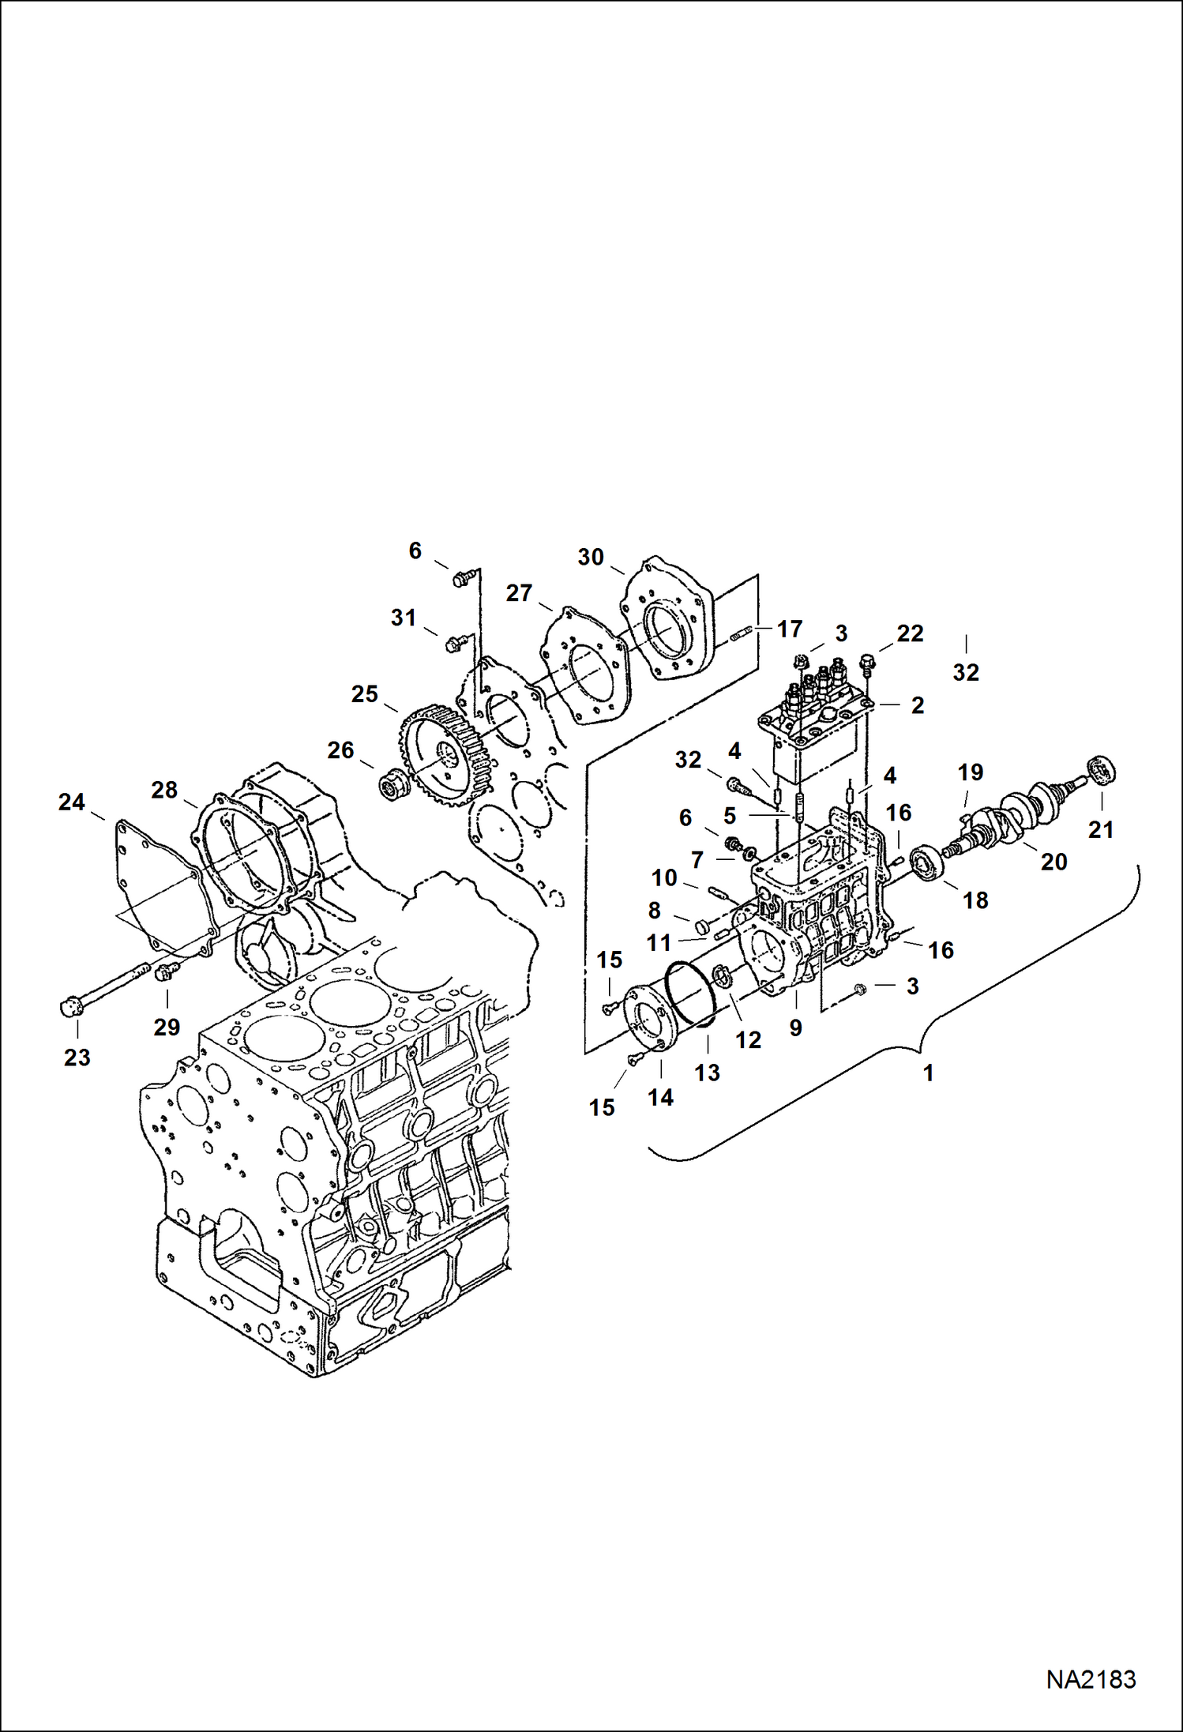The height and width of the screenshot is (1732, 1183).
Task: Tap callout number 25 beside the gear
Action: [x=364, y=694]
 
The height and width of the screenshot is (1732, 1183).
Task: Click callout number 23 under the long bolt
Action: [x=77, y=1058]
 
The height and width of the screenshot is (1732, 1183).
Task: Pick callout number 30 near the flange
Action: [x=590, y=557]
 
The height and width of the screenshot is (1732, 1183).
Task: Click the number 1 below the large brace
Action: [x=929, y=1073]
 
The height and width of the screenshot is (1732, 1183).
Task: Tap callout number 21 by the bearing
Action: [x=1101, y=829]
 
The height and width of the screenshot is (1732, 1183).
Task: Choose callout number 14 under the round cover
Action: [x=660, y=1097]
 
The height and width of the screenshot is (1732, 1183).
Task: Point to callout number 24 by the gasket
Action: [x=71, y=802]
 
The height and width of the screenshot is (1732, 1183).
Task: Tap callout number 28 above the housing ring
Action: [x=164, y=790]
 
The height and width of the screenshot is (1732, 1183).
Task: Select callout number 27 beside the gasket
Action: [x=519, y=592]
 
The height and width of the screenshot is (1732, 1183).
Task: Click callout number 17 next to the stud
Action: [x=790, y=629]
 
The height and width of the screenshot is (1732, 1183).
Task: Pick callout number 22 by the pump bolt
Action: [x=910, y=633]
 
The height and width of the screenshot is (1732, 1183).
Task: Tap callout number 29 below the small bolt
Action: [x=167, y=1027]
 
